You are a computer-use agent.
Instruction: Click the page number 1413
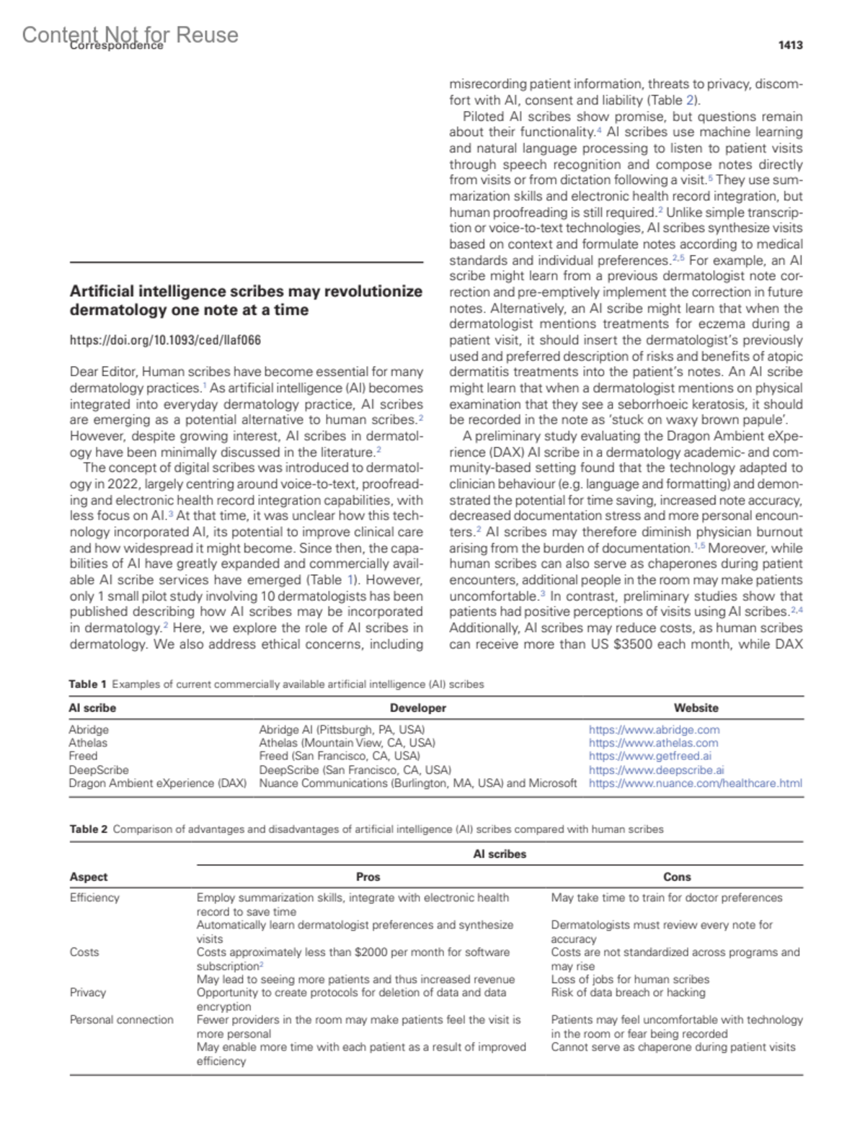[790, 45]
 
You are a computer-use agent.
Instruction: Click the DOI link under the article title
[165, 340]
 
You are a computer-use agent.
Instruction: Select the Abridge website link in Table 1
[654, 730]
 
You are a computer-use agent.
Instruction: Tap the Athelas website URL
[653, 743]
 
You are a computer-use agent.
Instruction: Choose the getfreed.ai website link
[649, 756]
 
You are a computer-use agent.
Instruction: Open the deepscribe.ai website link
[656, 770]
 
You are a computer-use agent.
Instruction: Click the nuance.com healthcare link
[695, 783]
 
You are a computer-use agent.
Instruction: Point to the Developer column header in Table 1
[417, 708]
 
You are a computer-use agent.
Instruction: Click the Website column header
[696, 708]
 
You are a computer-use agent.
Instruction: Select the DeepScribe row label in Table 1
[99, 770]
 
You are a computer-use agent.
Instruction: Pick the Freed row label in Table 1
[83, 756]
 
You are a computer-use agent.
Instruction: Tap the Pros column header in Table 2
[368, 877]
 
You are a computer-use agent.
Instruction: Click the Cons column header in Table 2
[677, 877]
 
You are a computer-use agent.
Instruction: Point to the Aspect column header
[88, 877]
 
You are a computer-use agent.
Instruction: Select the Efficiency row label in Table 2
[94, 898]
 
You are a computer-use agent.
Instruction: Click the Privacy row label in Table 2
[88, 993]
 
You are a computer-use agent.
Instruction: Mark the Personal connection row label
[121, 1020]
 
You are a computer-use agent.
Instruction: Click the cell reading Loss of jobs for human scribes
[629, 979]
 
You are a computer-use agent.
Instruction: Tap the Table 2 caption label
[88, 829]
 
